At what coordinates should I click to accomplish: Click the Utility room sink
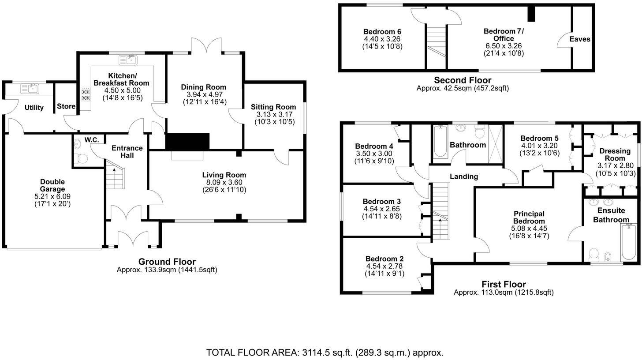tap(30, 89)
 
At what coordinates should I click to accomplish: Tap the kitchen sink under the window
tap(130, 59)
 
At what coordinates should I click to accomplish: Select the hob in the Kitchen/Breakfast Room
tap(86, 95)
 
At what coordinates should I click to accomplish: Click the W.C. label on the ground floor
tap(92, 140)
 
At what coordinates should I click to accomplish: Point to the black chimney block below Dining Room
tap(187, 141)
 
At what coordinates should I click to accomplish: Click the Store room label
tap(66, 106)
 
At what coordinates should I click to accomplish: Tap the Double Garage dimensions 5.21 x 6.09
tap(52, 196)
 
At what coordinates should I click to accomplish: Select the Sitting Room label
tap(273, 107)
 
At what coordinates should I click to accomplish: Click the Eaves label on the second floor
tap(580, 39)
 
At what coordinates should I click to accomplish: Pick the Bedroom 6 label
tap(382, 32)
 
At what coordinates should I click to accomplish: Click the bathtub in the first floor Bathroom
tap(440, 142)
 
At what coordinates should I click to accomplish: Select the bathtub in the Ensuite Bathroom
tap(628, 242)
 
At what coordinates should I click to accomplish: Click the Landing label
tap(463, 176)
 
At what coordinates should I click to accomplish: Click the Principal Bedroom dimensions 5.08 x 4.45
tap(529, 229)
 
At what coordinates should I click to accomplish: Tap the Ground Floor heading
tap(167, 262)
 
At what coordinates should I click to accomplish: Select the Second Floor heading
tap(462, 80)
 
